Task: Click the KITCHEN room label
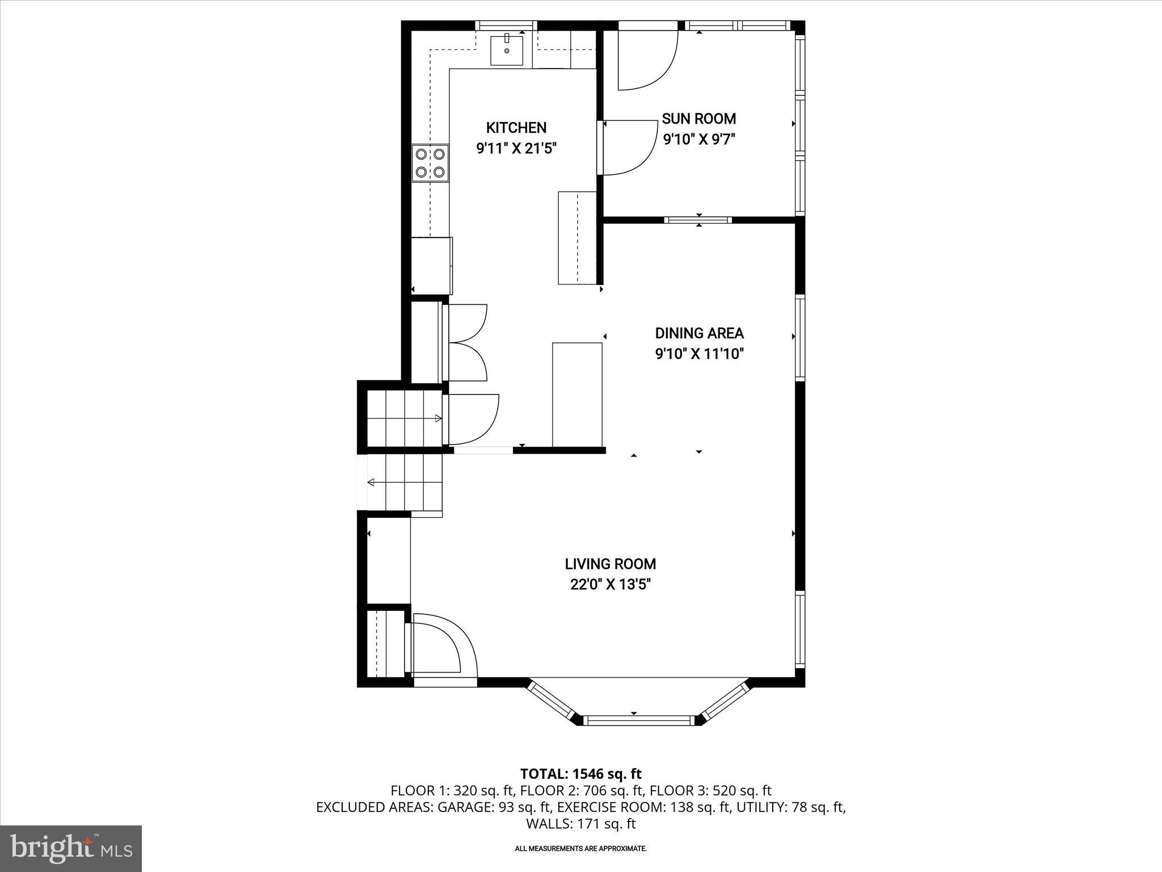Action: tap(516, 128)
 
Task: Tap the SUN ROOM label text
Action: tap(698, 119)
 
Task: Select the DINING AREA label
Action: tap(699, 333)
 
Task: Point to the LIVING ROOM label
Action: tap(610, 564)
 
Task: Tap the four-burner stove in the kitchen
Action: tap(430, 162)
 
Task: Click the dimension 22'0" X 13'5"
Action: tap(610, 584)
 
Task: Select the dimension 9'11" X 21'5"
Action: tap(516, 148)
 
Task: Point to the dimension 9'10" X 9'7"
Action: tap(698, 139)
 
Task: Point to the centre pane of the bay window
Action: tap(639, 720)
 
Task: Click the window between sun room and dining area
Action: tap(698, 220)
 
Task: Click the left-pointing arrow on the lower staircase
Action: tap(371, 483)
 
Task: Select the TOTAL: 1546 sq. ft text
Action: tap(580, 774)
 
